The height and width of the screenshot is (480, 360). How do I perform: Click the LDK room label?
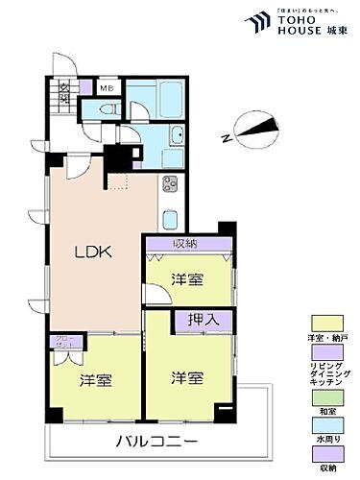pyautogui.click(x=94, y=252)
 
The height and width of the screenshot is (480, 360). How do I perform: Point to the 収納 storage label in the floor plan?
pyautogui.click(x=186, y=243)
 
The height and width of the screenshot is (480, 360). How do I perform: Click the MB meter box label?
pyautogui.click(x=108, y=89)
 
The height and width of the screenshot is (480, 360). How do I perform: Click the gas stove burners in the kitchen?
pyautogui.click(x=170, y=184)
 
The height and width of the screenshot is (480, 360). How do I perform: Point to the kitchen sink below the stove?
pyautogui.click(x=170, y=217)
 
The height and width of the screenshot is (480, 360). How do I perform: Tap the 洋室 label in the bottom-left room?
pyautogui.click(x=95, y=379)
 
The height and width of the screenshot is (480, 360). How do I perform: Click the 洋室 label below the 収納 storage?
pyautogui.click(x=187, y=279)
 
